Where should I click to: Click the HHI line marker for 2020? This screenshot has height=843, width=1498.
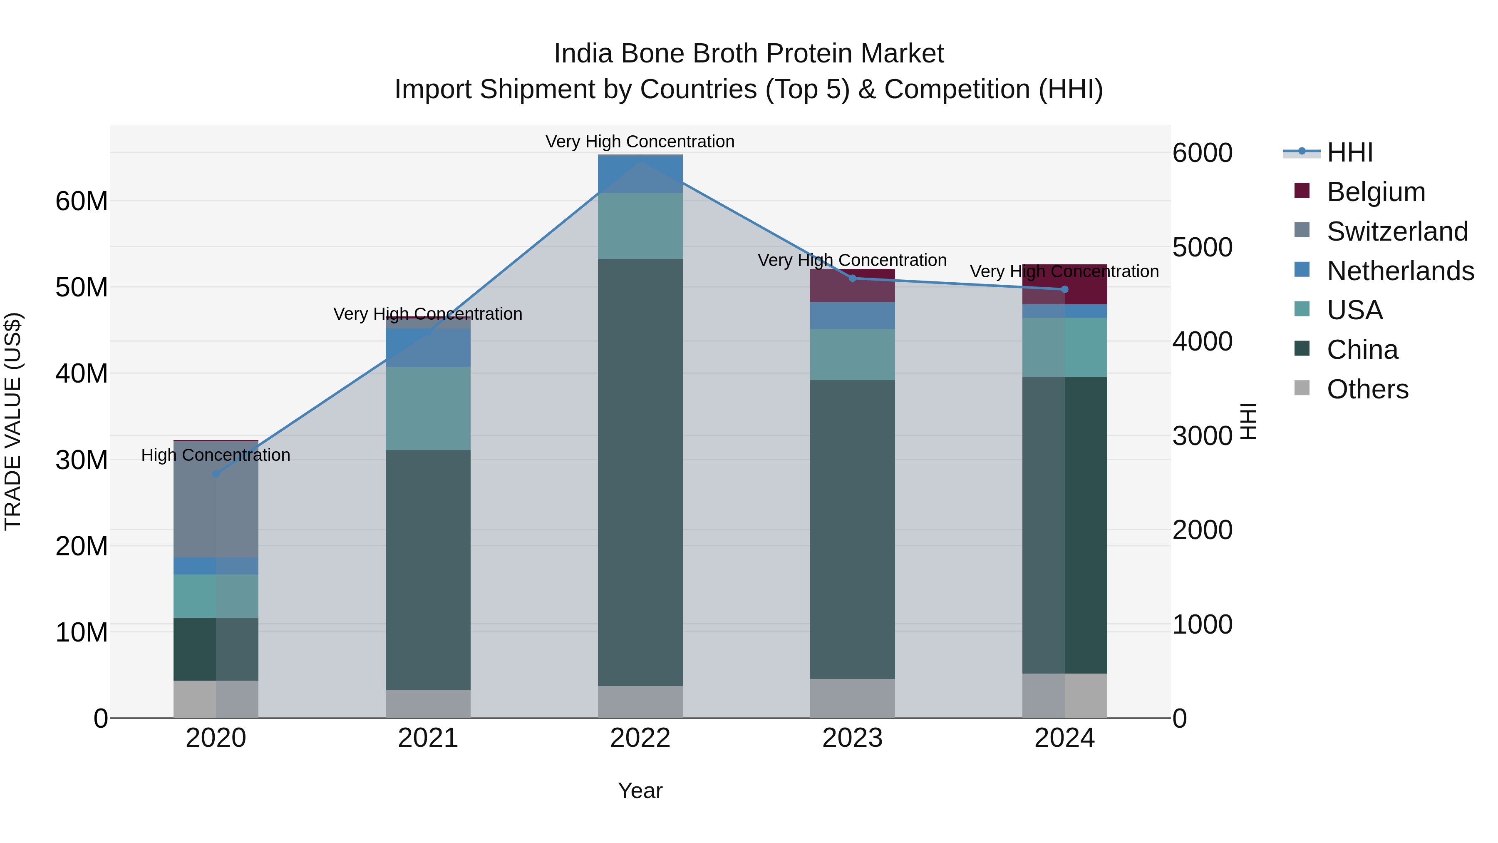(x=216, y=474)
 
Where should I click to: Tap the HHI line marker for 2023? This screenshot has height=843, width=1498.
(x=853, y=278)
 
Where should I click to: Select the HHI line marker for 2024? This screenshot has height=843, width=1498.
(x=1065, y=289)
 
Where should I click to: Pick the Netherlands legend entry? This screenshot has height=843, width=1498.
(x=1400, y=271)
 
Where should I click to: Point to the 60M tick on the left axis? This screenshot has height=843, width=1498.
(x=82, y=201)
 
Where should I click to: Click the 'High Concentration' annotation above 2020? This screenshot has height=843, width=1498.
(x=216, y=455)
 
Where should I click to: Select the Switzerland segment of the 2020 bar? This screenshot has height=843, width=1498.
(x=216, y=500)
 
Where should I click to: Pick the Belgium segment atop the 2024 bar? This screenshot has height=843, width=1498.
(x=1065, y=284)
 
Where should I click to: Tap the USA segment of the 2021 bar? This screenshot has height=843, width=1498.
(x=428, y=408)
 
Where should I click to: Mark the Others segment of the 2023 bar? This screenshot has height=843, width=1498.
(x=853, y=698)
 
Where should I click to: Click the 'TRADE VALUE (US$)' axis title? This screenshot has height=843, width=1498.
(x=13, y=421)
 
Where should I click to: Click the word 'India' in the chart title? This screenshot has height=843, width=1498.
(x=583, y=54)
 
